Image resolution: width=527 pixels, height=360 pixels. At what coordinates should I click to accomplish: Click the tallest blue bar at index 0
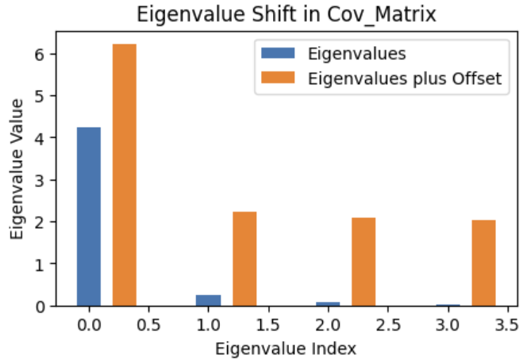point(89,216)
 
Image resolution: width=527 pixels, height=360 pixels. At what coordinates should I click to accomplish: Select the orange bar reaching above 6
point(125,174)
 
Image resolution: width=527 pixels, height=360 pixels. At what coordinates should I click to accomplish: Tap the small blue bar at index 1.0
point(208,300)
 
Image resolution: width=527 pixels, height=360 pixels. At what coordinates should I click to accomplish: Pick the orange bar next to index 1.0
point(244,259)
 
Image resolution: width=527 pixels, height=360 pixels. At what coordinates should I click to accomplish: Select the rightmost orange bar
point(483,262)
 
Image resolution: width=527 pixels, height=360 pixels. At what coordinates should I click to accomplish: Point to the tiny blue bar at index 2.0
point(328,303)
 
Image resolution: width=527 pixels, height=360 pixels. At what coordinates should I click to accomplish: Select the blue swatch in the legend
point(278,55)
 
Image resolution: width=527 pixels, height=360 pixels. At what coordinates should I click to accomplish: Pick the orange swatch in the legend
point(278,79)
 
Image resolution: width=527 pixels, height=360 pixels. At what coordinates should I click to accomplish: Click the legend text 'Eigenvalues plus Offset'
point(407,79)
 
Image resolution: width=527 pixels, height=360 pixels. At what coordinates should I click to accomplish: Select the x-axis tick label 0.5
point(148,325)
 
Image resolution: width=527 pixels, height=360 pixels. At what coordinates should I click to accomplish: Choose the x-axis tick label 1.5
point(268,325)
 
